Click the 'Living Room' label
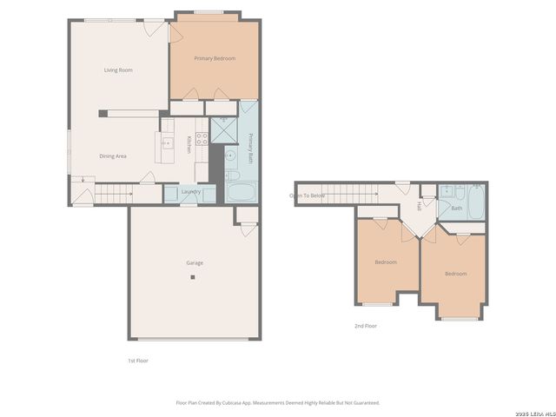pos(118,70)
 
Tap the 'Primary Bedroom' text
pos(215,58)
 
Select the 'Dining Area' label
pos(114,156)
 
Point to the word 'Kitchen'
pos(189,145)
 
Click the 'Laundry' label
pos(191,191)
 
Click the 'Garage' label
pos(195,262)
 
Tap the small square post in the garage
pos(194,278)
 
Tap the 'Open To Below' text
pos(308,195)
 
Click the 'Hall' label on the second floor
pos(419,207)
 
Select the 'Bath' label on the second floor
pos(456,208)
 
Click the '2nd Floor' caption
pos(365,326)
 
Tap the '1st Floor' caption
pos(139,360)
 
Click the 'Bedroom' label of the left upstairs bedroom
pos(386,261)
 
